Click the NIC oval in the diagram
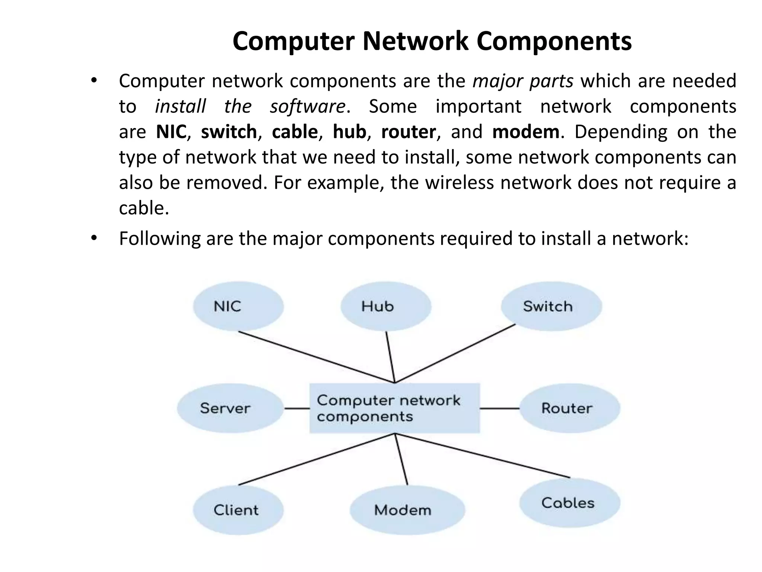click(238, 306)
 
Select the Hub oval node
click(385, 306)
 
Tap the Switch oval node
click(551, 306)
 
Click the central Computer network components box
click(394, 408)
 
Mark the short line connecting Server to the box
click(297, 409)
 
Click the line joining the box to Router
click(499, 409)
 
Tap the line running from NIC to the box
click(316, 357)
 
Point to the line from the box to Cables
click(484, 456)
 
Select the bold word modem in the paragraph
click(525, 132)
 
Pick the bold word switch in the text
click(228, 132)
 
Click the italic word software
click(308, 107)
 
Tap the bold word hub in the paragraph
click(349, 132)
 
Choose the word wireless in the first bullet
click(459, 183)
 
